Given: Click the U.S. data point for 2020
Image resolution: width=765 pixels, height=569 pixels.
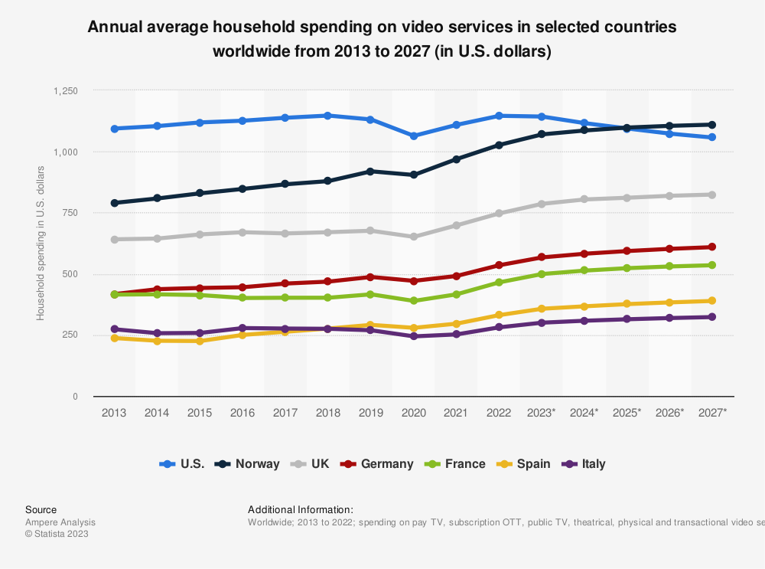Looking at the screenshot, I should [414, 136].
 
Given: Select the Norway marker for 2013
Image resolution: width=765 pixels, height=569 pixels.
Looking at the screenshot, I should [115, 203].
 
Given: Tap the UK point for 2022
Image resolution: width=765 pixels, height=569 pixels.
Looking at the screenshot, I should [499, 213].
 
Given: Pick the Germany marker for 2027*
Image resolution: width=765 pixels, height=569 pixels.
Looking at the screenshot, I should [712, 247].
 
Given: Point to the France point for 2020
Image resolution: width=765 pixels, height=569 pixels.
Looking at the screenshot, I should [414, 301].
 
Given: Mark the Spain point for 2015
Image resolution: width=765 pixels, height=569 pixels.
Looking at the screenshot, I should [200, 341].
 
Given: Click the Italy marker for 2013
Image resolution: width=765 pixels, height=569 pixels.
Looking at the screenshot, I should [115, 329].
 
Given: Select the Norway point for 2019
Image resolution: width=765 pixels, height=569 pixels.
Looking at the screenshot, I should [371, 172].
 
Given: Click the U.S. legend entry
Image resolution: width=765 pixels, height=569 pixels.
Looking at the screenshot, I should [182, 463].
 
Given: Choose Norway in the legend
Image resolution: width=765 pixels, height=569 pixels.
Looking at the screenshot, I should [247, 463].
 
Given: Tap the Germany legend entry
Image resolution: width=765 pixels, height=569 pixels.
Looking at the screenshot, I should [377, 463].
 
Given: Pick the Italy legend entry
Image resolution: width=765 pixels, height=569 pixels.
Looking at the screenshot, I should [584, 463].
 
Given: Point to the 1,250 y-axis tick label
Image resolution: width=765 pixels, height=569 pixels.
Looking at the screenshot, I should [66, 90].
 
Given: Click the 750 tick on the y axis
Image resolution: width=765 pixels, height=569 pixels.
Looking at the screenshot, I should [70, 213].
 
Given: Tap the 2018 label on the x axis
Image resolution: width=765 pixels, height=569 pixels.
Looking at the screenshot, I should [328, 413].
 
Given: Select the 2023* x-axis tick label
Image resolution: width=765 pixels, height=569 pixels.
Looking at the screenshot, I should [542, 413].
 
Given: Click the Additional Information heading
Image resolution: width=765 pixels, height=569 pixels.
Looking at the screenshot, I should [301, 509].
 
